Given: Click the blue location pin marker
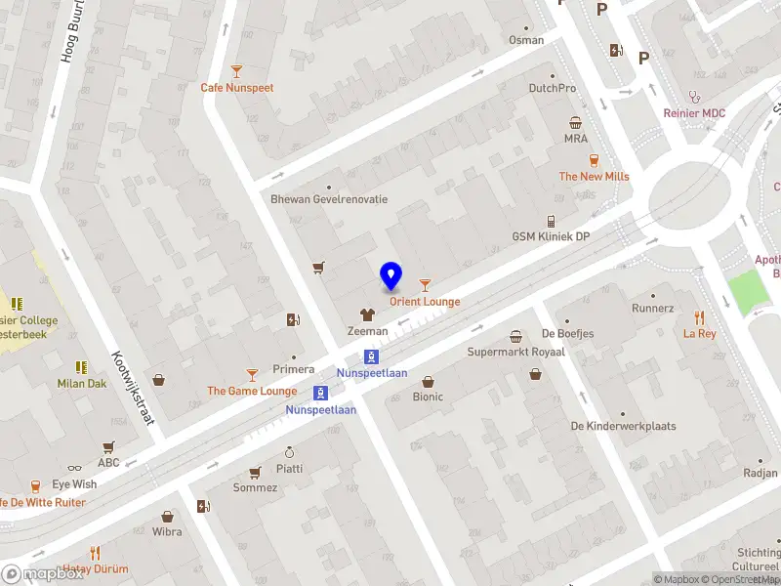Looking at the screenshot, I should [x=390, y=276].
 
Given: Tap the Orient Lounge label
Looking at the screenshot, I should [x=425, y=302].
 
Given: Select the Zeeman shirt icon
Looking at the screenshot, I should [x=367, y=314].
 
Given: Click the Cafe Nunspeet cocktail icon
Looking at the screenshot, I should [x=236, y=70].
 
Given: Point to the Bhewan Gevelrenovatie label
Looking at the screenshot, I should [x=329, y=199].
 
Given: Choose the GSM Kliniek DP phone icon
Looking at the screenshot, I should [x=551, y=221].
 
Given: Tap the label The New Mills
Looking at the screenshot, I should [x=594, y=177].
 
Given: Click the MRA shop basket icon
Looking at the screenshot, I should [x=576, y=122].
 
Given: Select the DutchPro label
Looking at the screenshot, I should [x=552, y=88].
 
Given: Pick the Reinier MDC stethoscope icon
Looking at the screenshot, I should [x=694, y=97].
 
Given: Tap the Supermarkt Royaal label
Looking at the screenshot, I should [x=515, y=352].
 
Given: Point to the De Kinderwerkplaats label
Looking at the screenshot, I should [x=623, y=427].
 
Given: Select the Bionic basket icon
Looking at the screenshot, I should [x=428, y=381].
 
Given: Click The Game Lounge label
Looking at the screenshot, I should [x=252, y=392].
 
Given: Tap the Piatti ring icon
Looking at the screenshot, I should [x=289, y=452].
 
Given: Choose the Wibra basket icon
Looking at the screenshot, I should [x=167, y=516].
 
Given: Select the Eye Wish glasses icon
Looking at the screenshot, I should [x=74, y=469].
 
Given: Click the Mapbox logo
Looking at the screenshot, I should [x=42, y=574].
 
